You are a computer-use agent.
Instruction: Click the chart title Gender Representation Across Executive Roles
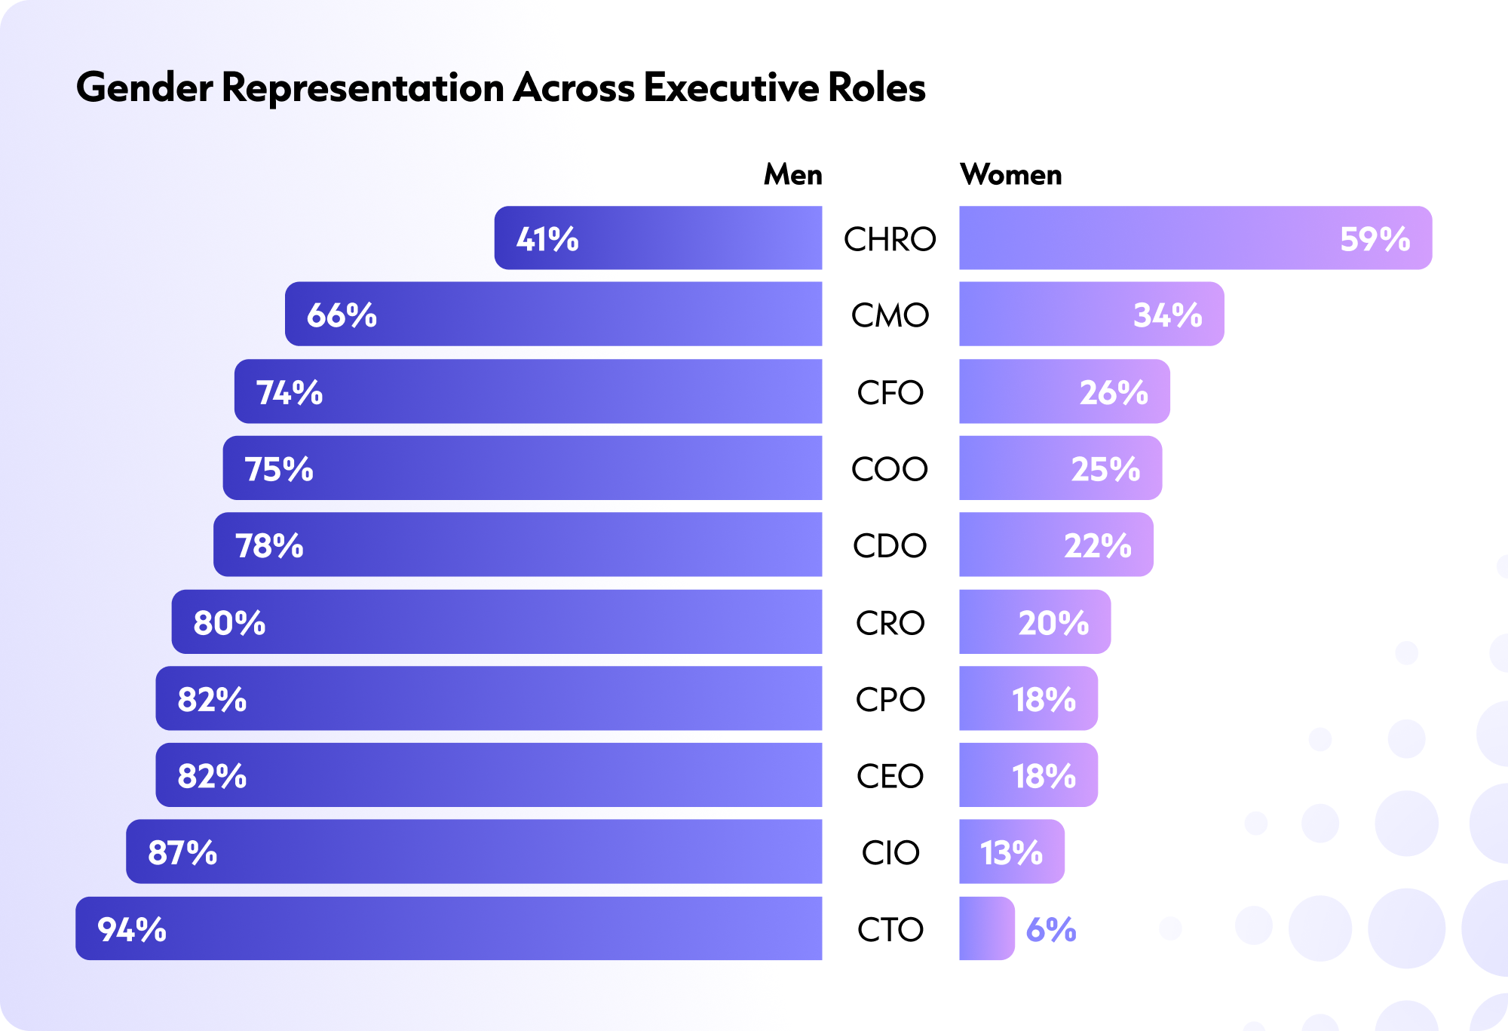(501, 87)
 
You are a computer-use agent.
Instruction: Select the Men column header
(792, 174)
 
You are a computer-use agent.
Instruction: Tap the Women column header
(1010, 174)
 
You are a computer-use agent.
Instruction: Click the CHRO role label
(890, 239)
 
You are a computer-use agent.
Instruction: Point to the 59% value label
(1375, 239)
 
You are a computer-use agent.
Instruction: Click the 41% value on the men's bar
(547, 239)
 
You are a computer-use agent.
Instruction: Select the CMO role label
(890, 315)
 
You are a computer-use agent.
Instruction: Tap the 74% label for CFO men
(290, 393)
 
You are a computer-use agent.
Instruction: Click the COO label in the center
(890, 469)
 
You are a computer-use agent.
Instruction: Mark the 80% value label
(229, 623)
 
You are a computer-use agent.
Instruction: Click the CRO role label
(890, 623)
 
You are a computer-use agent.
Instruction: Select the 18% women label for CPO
(1044, 699)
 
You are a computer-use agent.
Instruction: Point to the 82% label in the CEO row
(212, 776)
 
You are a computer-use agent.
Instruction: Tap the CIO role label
(890, 853)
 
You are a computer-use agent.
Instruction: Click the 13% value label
(1011, 853)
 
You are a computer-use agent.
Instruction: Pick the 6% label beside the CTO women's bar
(1051, 929)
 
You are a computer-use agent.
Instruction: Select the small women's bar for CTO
(986, 929)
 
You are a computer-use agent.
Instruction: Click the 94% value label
(132, 929)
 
